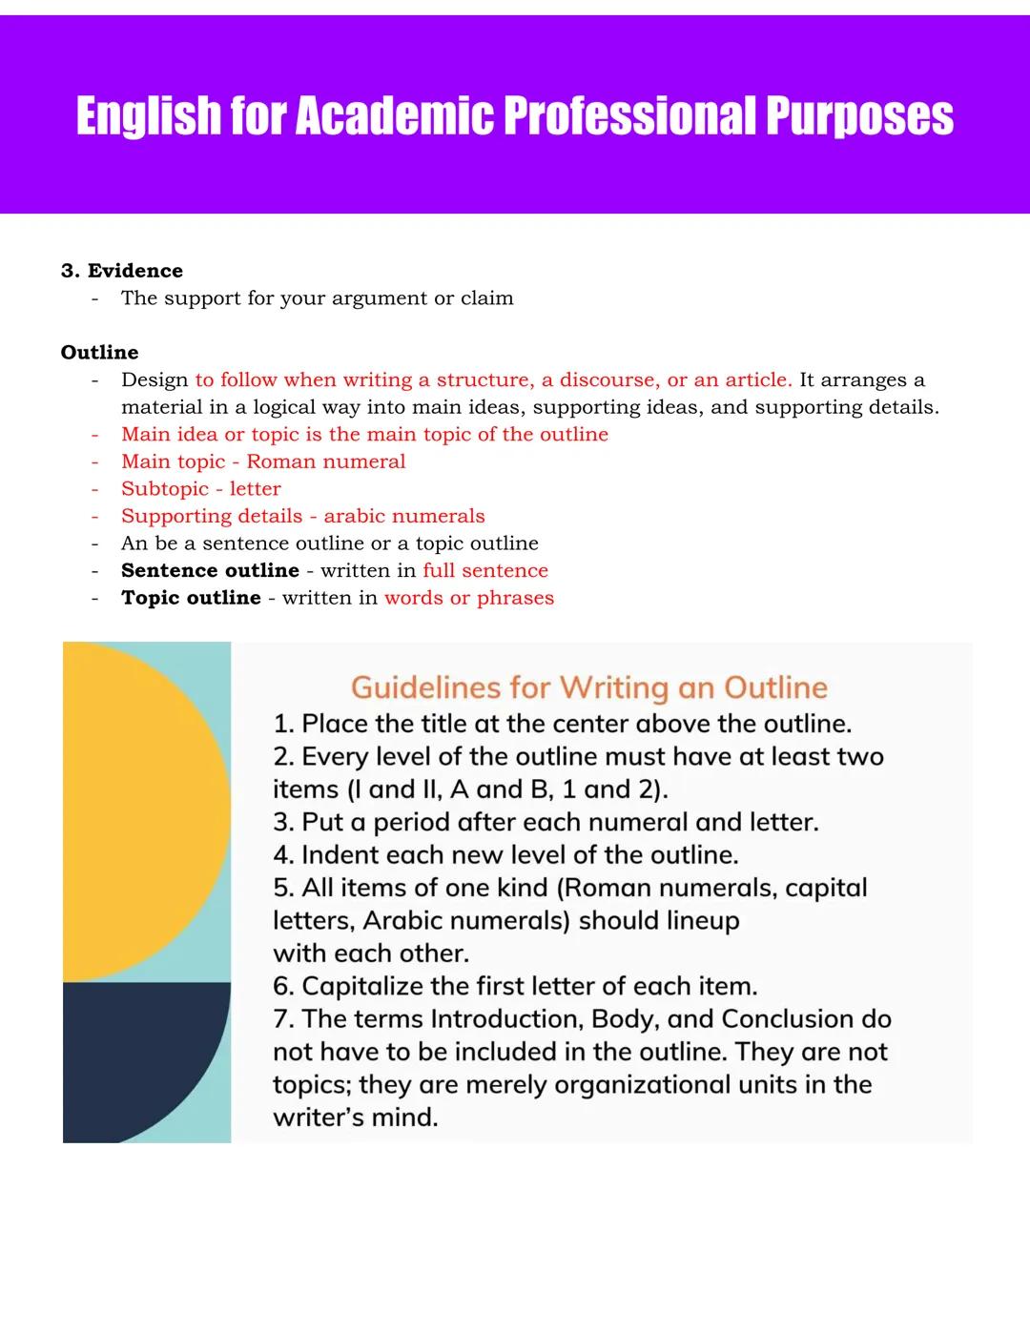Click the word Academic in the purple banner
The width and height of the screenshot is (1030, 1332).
click(x=395, y=116)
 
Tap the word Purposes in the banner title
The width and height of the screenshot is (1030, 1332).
click(x=858, y=116)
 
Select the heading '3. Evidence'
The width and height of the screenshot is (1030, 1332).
click(x=122, y=271)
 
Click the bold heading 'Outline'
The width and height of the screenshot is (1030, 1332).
click(x=99, y=353)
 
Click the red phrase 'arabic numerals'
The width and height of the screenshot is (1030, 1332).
click(x=404, y=516)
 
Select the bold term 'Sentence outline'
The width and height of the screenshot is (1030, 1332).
click(x=210, y=570)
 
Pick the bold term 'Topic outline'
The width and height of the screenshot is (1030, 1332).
click(x=191, y=598)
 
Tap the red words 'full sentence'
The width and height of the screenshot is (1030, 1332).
click(x=485, y=570)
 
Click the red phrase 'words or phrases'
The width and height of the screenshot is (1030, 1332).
click(x=469, y=598)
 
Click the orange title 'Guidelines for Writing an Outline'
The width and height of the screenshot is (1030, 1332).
click(x=588, y=687)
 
